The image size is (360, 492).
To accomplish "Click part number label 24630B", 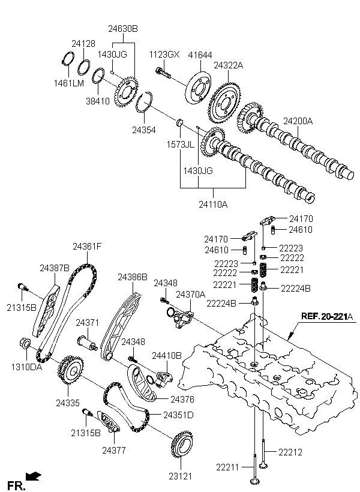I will (x=123, y=28).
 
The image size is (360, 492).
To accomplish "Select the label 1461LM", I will (x=70, y=83).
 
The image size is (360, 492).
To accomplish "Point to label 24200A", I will (x=298, y=121).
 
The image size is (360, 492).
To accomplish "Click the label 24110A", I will (x=214, y=205).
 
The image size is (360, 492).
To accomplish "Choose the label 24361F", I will (x=87, y=246).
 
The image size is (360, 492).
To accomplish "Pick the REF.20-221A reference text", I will (x=327, y=317).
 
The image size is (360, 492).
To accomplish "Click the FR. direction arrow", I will (x=34, y=477).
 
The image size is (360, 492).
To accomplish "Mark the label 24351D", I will (x=179, y=415).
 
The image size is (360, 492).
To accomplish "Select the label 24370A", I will (x=190, y=295).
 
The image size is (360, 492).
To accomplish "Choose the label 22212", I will (x=290, y=451).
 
